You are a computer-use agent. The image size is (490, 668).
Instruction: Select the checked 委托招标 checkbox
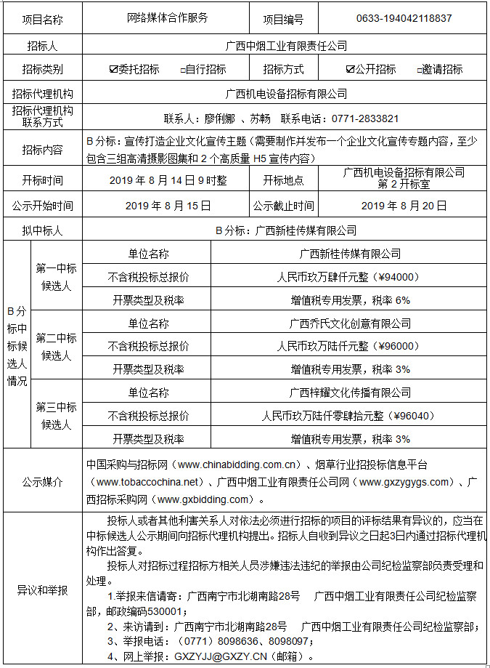[113, 70]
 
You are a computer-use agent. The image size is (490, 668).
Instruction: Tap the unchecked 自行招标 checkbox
[183, 71]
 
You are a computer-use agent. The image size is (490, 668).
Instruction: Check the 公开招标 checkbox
[351, 70]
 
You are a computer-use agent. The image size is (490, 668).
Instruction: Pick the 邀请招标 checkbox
[419, 71]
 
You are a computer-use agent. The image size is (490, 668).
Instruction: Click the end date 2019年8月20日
[404, 206]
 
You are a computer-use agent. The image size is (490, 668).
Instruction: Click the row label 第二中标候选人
[56, 346]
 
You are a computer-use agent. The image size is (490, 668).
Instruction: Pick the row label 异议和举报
[42, 590]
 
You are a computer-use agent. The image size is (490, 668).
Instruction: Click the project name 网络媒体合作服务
[167, 18]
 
